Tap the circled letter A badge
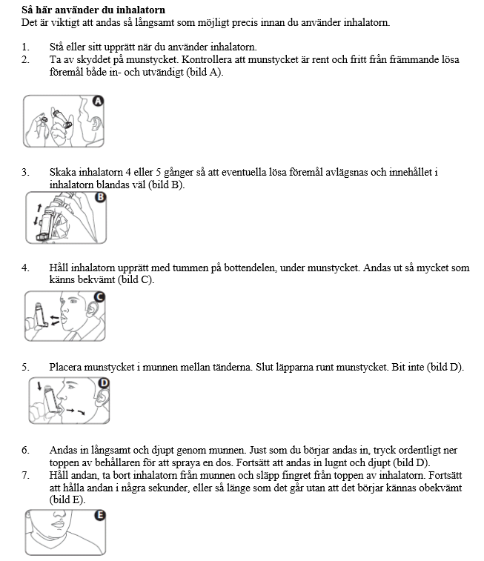pyautogui.click(x=97, y=102)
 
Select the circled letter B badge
pyautogui.click(x=101, y=197)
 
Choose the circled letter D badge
pyautogui.click(x=104, y=383)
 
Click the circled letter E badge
pyautogui.click(x=100, y=516)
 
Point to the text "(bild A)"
pyautogui.click(x=202, y=72)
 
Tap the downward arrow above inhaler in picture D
pyautogui.click(x=39, y=385)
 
